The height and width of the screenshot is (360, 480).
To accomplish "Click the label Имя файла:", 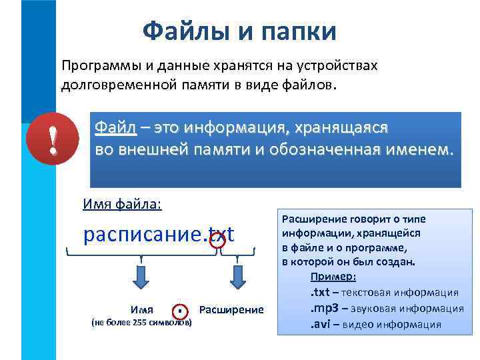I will tap(122, 204).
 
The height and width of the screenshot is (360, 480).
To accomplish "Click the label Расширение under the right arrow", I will tap(231, 310).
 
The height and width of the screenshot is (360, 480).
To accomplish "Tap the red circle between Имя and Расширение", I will tap(180, 311).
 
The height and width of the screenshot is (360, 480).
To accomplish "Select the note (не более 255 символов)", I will tap(141, 323).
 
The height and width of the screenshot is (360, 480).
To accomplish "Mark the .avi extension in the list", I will tap(319, 325).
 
